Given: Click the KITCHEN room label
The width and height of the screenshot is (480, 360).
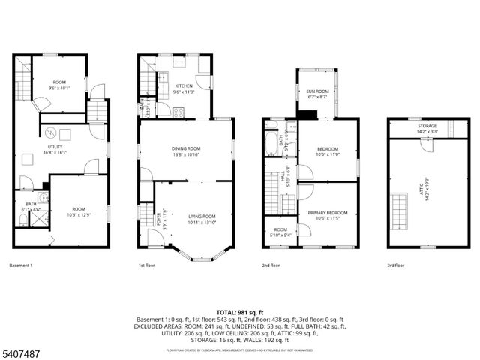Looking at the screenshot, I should [x=184, y=86].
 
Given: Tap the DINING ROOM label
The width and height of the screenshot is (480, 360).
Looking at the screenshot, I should [x=186, y=148].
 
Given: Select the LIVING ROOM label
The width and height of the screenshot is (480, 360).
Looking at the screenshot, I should [x=202, y=216].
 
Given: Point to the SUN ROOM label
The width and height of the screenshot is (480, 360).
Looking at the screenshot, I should [x=317, y=91].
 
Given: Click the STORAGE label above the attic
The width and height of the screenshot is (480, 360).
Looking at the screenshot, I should [x=427, y=126].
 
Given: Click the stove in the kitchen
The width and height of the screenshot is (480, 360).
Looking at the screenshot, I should [x=178, y=112].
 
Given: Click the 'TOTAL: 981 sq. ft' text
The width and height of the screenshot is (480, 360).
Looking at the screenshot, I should [x=240, y=310].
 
